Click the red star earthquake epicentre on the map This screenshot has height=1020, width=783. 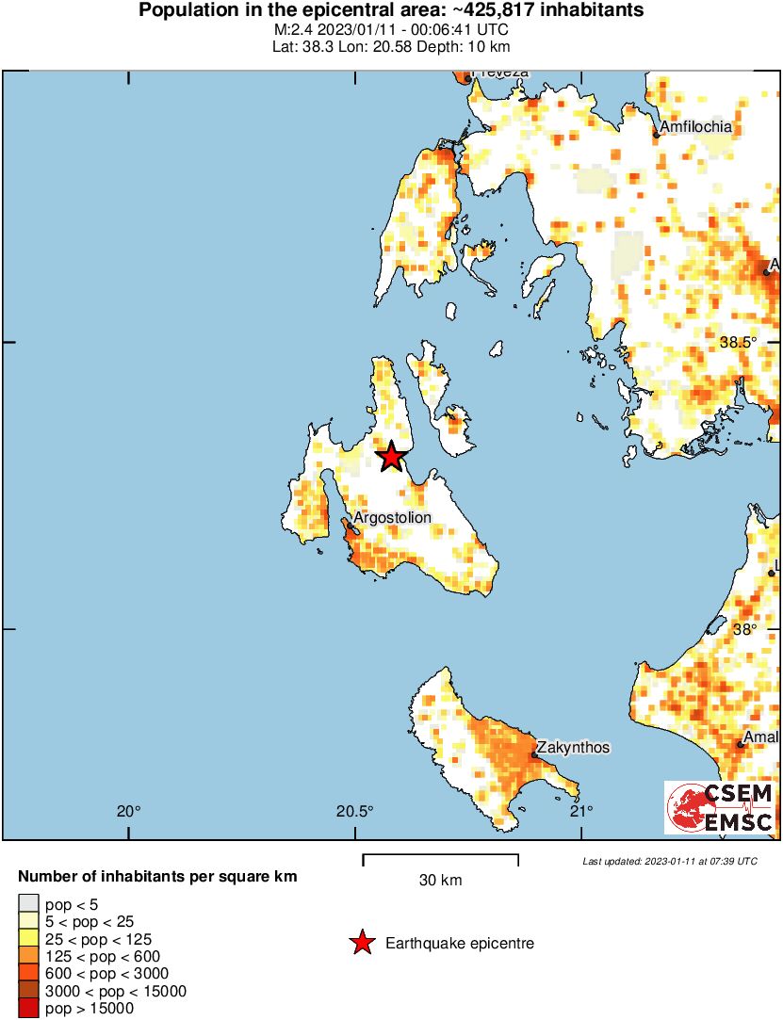tap(392, 458)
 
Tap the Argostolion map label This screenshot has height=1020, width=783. tap(392, 518)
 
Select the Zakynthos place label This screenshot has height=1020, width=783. tap(574, 748)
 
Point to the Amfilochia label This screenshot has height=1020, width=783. tap(696, 127)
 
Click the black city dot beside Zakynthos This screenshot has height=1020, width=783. tap(534, 755)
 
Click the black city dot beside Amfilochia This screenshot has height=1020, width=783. tap(657, 136)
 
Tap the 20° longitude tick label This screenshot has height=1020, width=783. tap(129, 811)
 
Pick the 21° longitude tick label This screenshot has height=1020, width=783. tap(580, 811)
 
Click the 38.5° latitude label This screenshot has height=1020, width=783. tap(738, 343)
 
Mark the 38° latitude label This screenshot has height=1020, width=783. tap(745, 629)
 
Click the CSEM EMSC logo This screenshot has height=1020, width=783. tap(721, 807)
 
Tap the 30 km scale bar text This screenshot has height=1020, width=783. tap(440, 881)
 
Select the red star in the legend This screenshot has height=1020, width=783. tap(361, 943)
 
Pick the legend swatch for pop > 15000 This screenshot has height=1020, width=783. tap(29, 1008)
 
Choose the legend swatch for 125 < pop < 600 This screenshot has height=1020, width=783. tap(29, 957)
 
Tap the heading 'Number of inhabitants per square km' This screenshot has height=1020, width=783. tap(157, 877)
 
